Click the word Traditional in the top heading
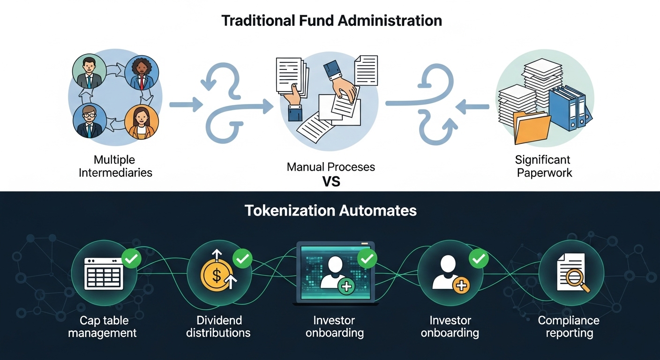pos(258,21)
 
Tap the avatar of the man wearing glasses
pos(89,121)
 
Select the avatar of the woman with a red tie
pos(142,73)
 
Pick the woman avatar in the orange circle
pos(142,122)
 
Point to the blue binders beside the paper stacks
pos(570,108)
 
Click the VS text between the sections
pos(331,182)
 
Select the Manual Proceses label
pos(331,167)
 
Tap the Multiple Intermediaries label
pos(115,166)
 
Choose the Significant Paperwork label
pos(544,166)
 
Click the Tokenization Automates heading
pos(330,210)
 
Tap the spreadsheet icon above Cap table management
pos(104,274)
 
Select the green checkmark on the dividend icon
pos(242,259)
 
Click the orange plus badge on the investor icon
pos(461,285)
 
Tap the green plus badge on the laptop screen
pos(346,286)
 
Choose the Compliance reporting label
pos(569,327)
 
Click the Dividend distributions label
pos(218,327)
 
